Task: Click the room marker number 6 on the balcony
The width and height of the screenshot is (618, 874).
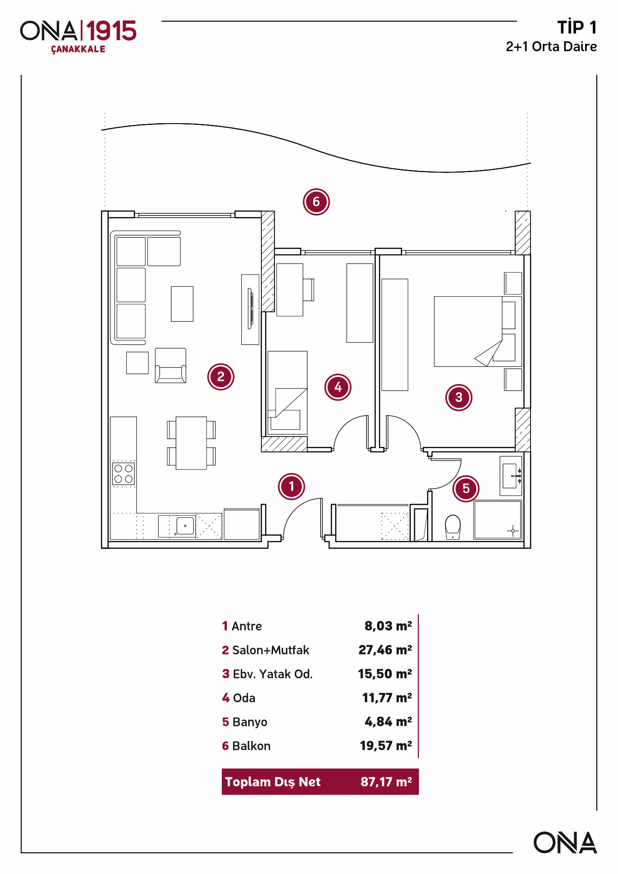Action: point(316,202)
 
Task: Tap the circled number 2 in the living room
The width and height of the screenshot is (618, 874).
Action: point(221,377)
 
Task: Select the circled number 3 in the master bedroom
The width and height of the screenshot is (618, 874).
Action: point(459,398)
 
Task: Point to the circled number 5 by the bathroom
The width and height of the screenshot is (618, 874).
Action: point(466,489)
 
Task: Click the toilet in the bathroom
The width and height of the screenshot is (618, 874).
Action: point(453,527)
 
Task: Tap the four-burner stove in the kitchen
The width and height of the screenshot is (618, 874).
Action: point(124,473)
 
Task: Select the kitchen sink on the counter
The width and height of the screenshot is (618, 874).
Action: point(185,526)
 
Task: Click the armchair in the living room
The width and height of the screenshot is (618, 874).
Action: point(170,365)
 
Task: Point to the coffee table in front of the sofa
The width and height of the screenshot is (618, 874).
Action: point(182,304)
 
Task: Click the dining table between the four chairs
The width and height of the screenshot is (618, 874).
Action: point(191,443)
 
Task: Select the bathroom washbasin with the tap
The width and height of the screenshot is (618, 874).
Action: point(510,476)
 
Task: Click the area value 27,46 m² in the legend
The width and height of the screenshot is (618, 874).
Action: point(385,650)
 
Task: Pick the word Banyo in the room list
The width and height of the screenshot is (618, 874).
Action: point(250,722)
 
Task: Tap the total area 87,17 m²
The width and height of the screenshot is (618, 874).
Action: point(386,782)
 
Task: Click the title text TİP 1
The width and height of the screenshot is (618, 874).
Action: point(577,27)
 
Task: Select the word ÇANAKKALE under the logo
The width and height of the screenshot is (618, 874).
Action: point(78,49)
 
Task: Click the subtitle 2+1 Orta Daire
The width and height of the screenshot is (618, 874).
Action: point(551,46)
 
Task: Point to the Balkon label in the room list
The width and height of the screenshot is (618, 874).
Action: point(251,746)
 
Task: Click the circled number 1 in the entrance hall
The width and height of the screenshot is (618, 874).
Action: point(291,486)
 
